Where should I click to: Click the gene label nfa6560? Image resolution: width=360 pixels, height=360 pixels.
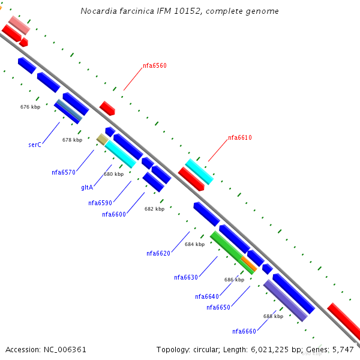(x=155, y=66)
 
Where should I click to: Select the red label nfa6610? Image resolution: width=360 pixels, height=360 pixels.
(x=240, y=138)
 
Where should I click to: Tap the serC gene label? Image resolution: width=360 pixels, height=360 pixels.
(x=35, y=145)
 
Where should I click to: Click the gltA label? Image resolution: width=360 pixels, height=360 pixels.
(x=87, y=188)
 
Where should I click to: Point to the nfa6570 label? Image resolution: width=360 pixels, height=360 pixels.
(x=64, y=173)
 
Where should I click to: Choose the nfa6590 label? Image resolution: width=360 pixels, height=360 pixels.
(x=100, y=203)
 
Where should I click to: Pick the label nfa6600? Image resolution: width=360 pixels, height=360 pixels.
(x=114, y=214)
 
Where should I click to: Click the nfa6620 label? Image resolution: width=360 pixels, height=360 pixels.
(x=158, y=253)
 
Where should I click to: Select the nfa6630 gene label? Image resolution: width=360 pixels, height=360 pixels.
(x=186, y=278)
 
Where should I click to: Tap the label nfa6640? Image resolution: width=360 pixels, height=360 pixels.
(x=207, y=296)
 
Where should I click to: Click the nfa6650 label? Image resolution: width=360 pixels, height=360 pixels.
(x=218, y=308)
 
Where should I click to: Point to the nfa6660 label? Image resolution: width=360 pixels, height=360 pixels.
(x=244, y=331)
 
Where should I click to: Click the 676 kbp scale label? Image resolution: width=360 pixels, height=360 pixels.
(x=30, y=107)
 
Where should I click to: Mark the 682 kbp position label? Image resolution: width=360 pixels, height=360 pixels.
(x=154, y=209)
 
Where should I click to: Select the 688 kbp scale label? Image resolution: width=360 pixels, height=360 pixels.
(x=273, y=316)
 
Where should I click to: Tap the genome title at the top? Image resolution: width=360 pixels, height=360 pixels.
(x=179, y=11)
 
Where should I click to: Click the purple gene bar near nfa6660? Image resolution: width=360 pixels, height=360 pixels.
(x=286, y=301)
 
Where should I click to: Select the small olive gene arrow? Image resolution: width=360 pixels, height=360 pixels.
(x=102, y=139)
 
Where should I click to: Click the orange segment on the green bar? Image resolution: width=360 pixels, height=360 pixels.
(x=248, y=264)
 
